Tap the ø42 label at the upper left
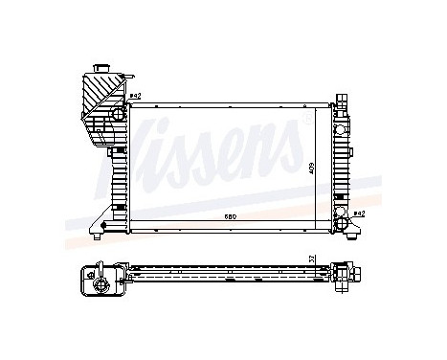135,97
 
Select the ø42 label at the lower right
359,214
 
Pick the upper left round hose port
117,115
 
